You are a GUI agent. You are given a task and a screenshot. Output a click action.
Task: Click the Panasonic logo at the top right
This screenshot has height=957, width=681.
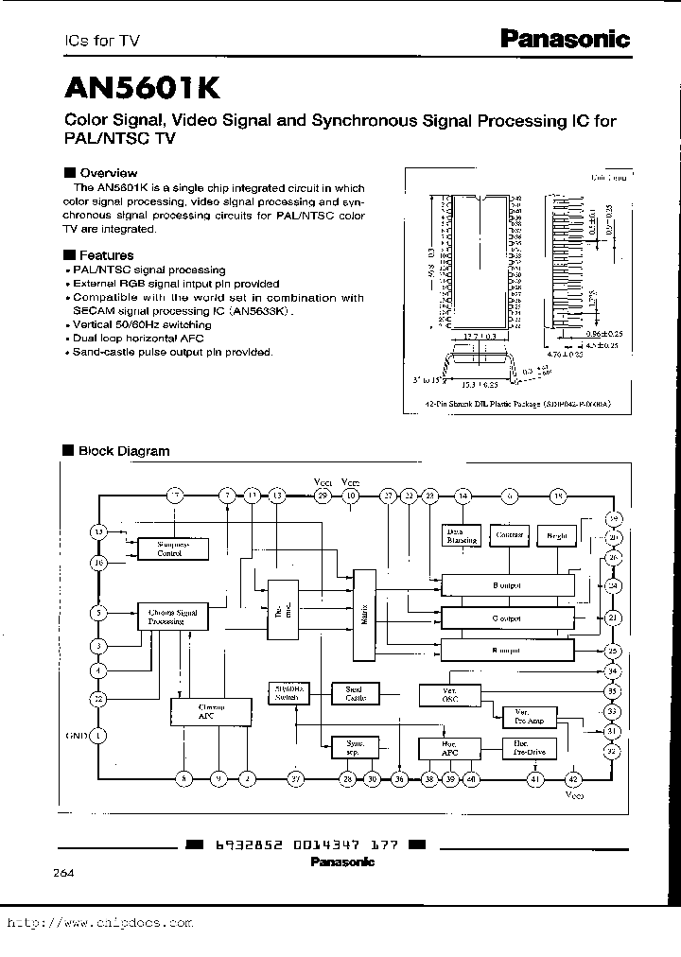point(564,39)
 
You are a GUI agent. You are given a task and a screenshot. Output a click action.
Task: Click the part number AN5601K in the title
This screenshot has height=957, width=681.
point(143,87)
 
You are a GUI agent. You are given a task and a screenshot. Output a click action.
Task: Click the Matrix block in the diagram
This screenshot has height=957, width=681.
point(364,616)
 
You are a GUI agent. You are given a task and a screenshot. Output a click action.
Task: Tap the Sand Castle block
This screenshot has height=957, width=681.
point(354,693)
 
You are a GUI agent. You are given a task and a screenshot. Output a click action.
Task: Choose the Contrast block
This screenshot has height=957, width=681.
point(508,535)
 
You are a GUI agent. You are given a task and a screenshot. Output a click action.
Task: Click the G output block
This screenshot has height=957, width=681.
point(506,618)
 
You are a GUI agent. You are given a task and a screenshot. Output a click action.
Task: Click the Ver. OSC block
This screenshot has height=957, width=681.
point(449,695)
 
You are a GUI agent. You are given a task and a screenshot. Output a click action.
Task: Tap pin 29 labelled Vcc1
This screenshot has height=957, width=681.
point(322,496)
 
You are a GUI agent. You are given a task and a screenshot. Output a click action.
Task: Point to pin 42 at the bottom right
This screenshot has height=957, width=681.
point(572,778)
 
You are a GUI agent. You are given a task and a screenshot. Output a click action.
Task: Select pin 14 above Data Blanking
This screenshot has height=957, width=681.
point(463,496)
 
